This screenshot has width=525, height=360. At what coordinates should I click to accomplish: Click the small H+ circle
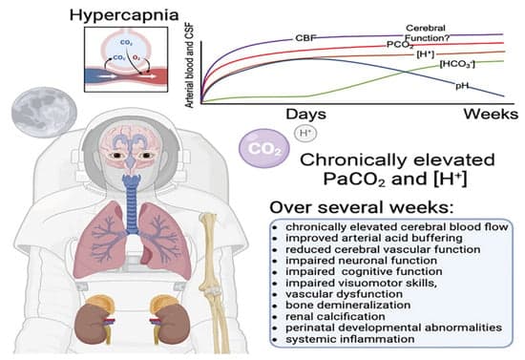304,133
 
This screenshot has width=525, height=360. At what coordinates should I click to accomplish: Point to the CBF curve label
306,37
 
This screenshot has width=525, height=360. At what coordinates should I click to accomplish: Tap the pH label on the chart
464,85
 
